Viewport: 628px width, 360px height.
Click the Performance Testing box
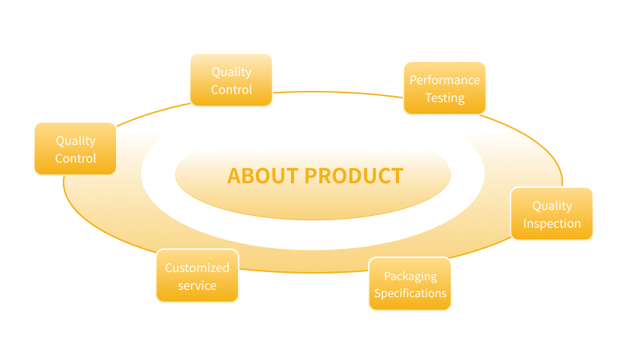coord(444,88)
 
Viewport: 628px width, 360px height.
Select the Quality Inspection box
coord(552,214)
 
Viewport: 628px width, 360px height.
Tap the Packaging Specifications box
coord(410,284)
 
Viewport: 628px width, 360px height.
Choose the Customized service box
coord(197,276)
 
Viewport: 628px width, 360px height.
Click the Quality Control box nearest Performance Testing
coord(231,80)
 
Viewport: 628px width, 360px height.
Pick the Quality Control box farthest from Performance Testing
coord(75,149)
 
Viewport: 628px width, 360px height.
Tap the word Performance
coord(445,80)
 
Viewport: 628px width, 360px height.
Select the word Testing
coord(445,98)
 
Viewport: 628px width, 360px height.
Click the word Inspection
coord(552,223)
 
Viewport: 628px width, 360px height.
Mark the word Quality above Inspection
coord(552,206)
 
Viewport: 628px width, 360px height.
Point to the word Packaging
coord(410,276)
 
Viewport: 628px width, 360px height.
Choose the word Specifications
coord(410,293)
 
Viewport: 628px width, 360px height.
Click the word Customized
coord(197,268)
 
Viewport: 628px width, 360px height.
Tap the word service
coord(197,285)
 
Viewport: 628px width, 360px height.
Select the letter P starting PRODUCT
coord(312,176)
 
